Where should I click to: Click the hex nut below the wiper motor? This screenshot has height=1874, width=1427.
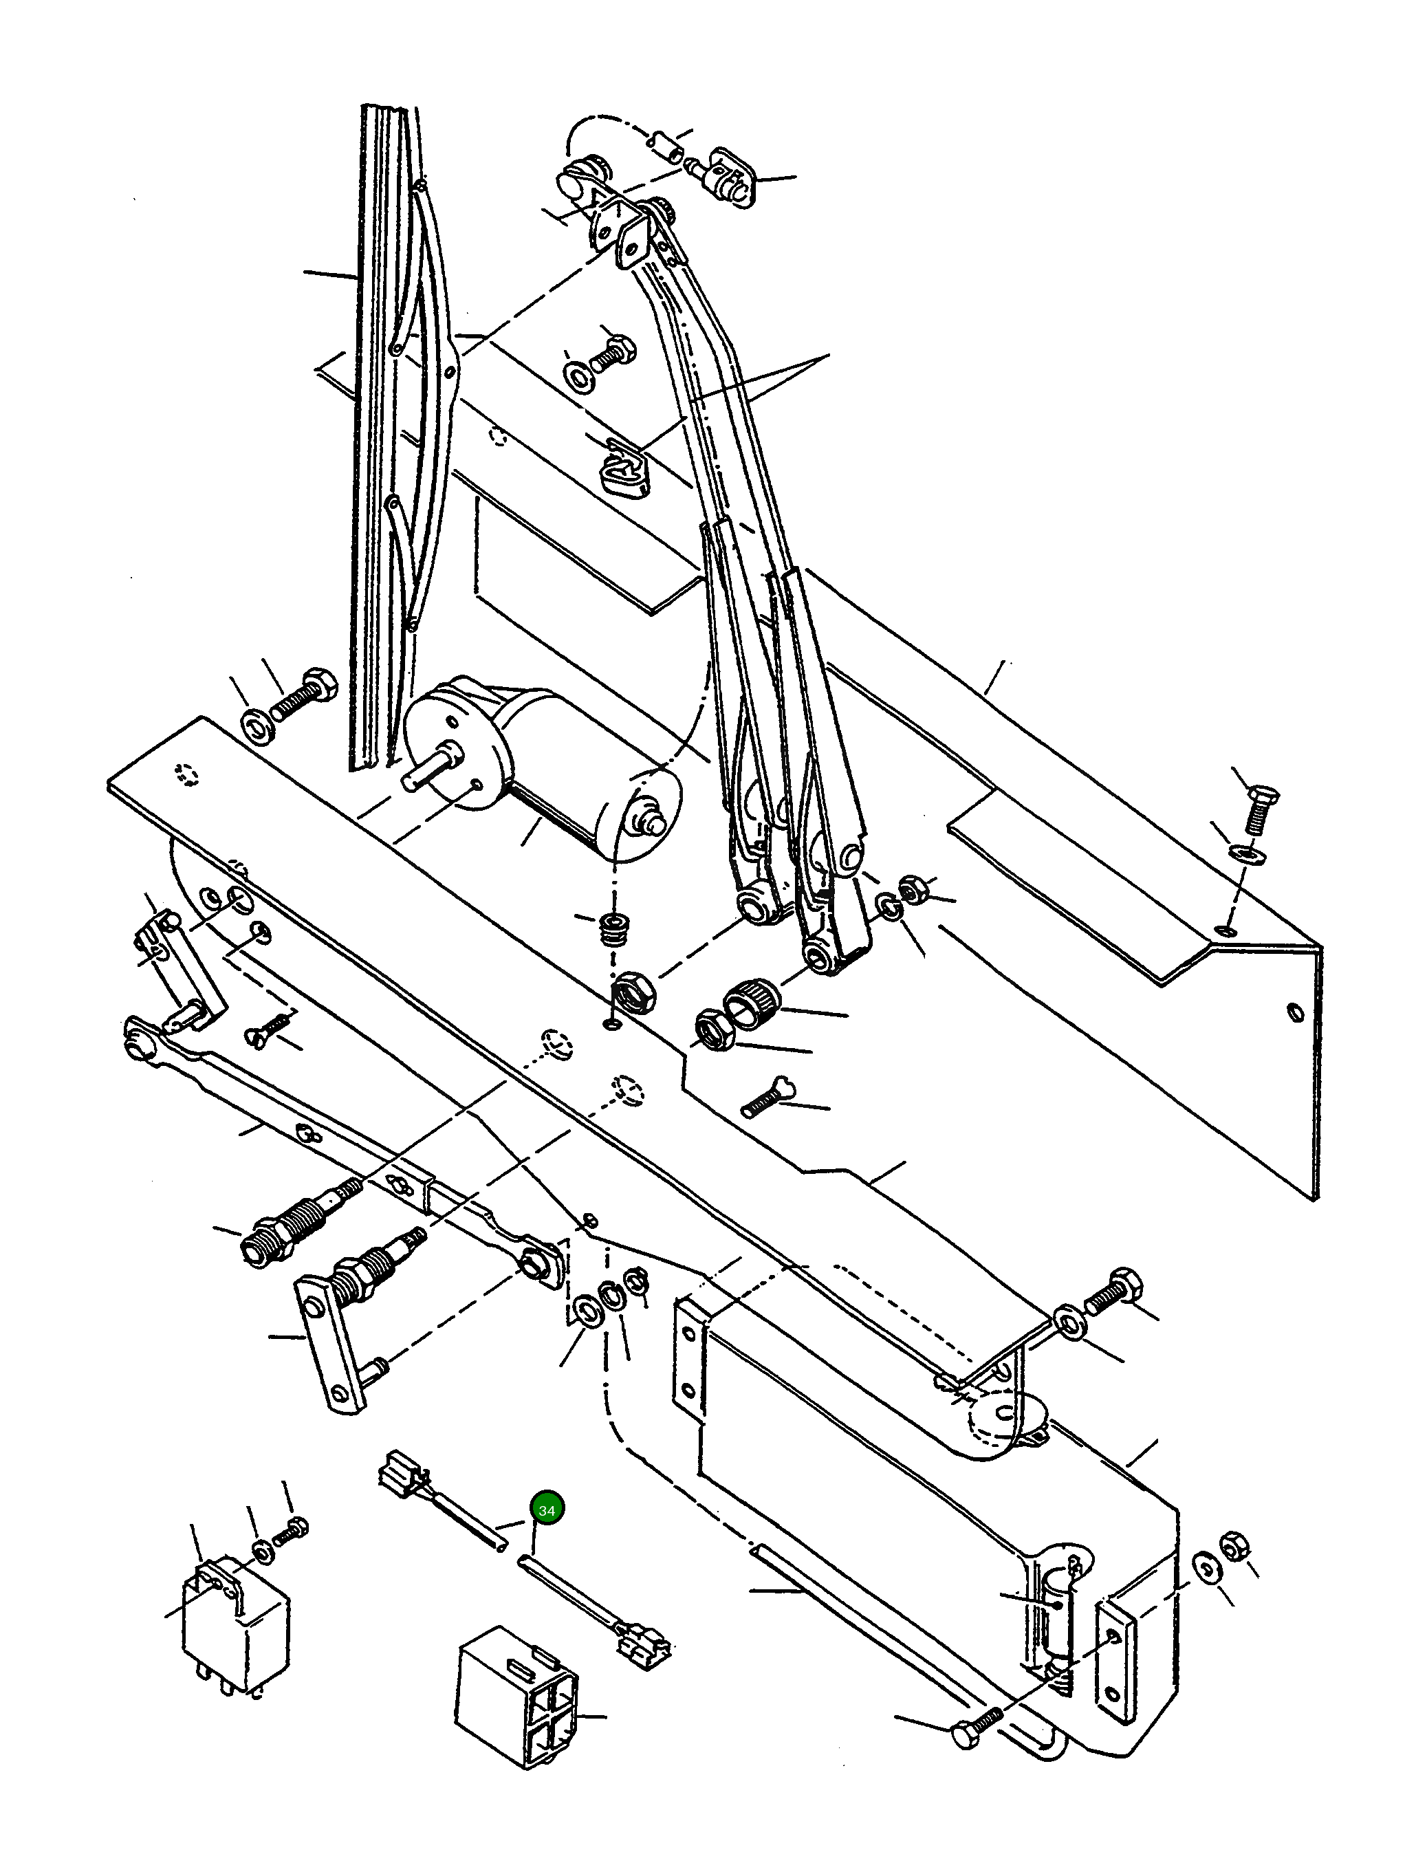[633, 990]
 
